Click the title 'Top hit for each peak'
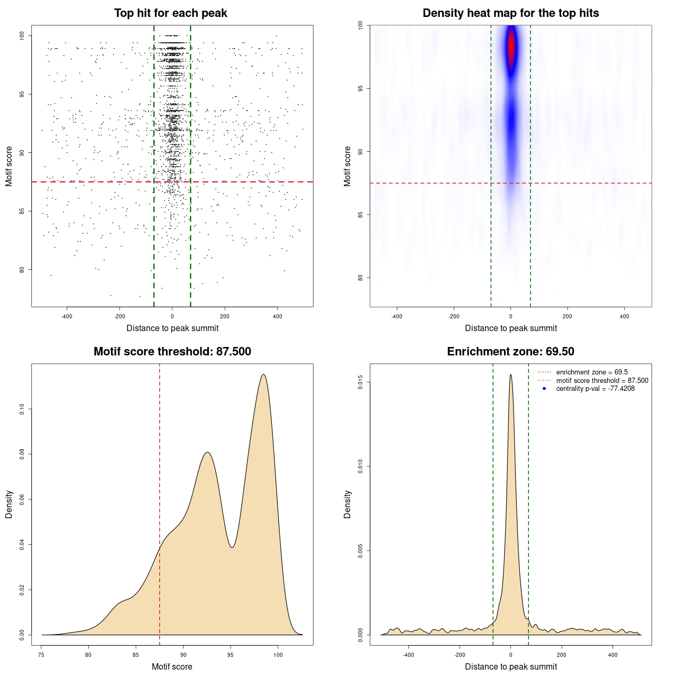(171, 13)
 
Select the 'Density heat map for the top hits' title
(510, 13)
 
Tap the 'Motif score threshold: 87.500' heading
(172, 352)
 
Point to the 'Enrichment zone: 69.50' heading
(510, 352)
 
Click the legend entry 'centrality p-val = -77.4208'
(595, 389)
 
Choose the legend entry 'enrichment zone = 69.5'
(592, 372)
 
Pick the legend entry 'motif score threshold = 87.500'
(602, 381)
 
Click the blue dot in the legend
(544, 389)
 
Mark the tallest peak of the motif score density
(263, 374)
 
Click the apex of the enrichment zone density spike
(510, 374)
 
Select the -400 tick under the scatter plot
(67, 316)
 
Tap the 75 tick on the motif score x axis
(41, 655)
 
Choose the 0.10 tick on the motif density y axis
(22, 409)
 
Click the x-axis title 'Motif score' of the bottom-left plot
(172, 666)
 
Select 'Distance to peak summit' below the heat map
(510, 328)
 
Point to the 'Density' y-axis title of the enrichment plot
(347, 504)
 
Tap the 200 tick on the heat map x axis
(568, 316)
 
